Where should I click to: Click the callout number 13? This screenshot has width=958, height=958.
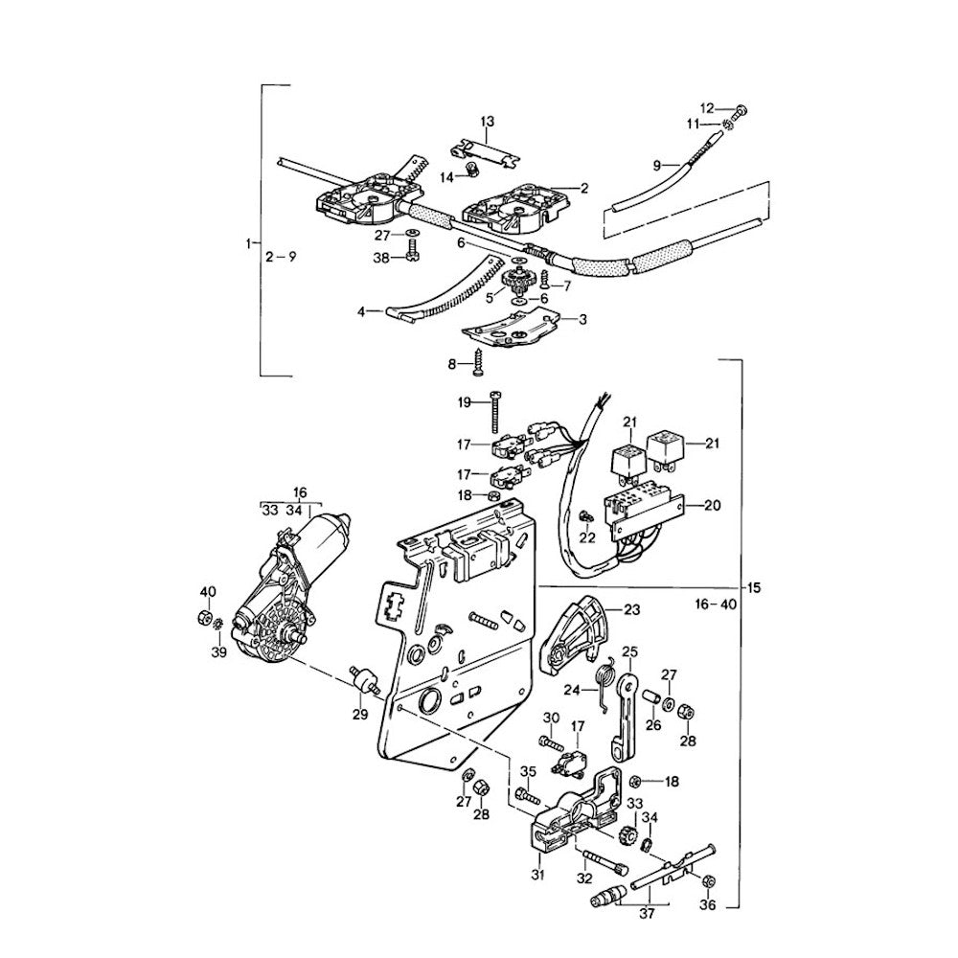(x=488, y=122)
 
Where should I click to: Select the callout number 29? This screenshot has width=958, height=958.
(x=360, y=715)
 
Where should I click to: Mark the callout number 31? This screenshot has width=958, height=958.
(x=537, y=875)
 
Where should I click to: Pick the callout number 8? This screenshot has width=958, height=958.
(x=453, y=363)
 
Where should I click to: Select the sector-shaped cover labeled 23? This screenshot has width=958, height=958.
(x=575, y=632)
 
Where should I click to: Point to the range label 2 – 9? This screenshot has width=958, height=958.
(x=282, y=256)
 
